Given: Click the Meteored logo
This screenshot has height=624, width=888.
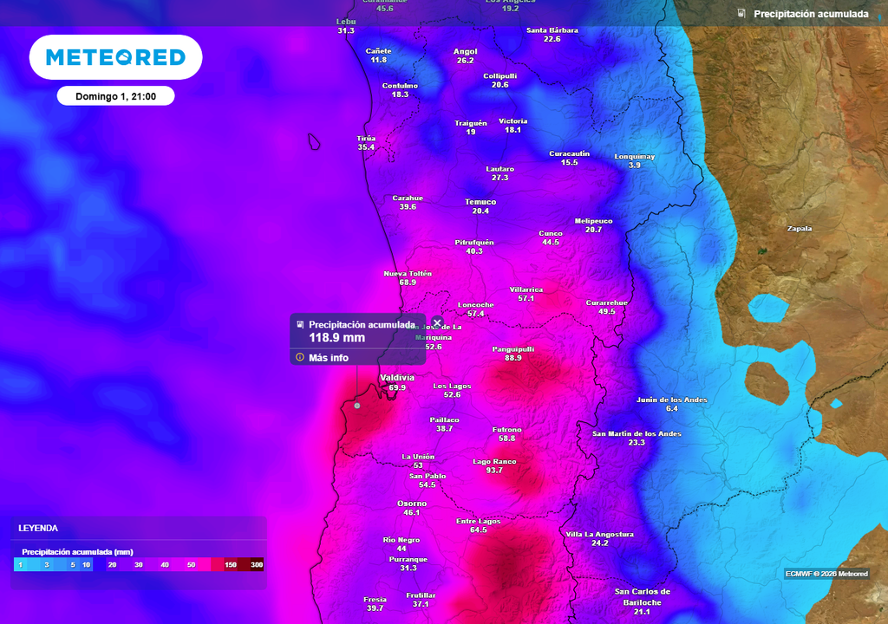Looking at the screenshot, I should (115, 57).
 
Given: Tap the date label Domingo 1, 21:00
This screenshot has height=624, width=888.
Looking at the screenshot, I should (115, 96).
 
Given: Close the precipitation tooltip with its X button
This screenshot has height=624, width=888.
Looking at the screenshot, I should (437, 322).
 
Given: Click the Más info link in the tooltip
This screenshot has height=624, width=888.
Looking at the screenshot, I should (328, 357).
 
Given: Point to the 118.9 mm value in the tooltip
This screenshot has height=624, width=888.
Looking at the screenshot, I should (336, 338).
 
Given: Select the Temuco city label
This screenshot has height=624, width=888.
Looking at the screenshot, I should (480, 202).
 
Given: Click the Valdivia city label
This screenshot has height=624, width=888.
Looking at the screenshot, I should (397, 378).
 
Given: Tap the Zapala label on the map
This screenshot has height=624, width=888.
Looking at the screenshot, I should (799, 229).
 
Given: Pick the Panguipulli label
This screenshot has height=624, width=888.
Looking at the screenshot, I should (513, 348).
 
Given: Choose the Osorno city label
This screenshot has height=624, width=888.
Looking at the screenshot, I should (412, 504).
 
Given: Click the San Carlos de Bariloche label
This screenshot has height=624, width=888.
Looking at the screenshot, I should (642, 597).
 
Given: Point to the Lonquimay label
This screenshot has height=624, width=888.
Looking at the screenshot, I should (635, 156).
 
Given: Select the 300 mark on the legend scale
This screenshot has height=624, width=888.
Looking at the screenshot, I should (257, 565).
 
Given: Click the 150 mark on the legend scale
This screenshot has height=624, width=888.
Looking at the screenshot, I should (231, 565).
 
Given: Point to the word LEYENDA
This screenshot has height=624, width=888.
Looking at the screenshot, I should (38, 527).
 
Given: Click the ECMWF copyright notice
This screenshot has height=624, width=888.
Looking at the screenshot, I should (826, 574).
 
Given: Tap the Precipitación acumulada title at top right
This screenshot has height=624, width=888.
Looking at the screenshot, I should (811, 14).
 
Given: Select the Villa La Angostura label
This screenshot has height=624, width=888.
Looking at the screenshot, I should (599, 534).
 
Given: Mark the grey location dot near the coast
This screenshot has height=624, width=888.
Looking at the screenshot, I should (356, 406).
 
